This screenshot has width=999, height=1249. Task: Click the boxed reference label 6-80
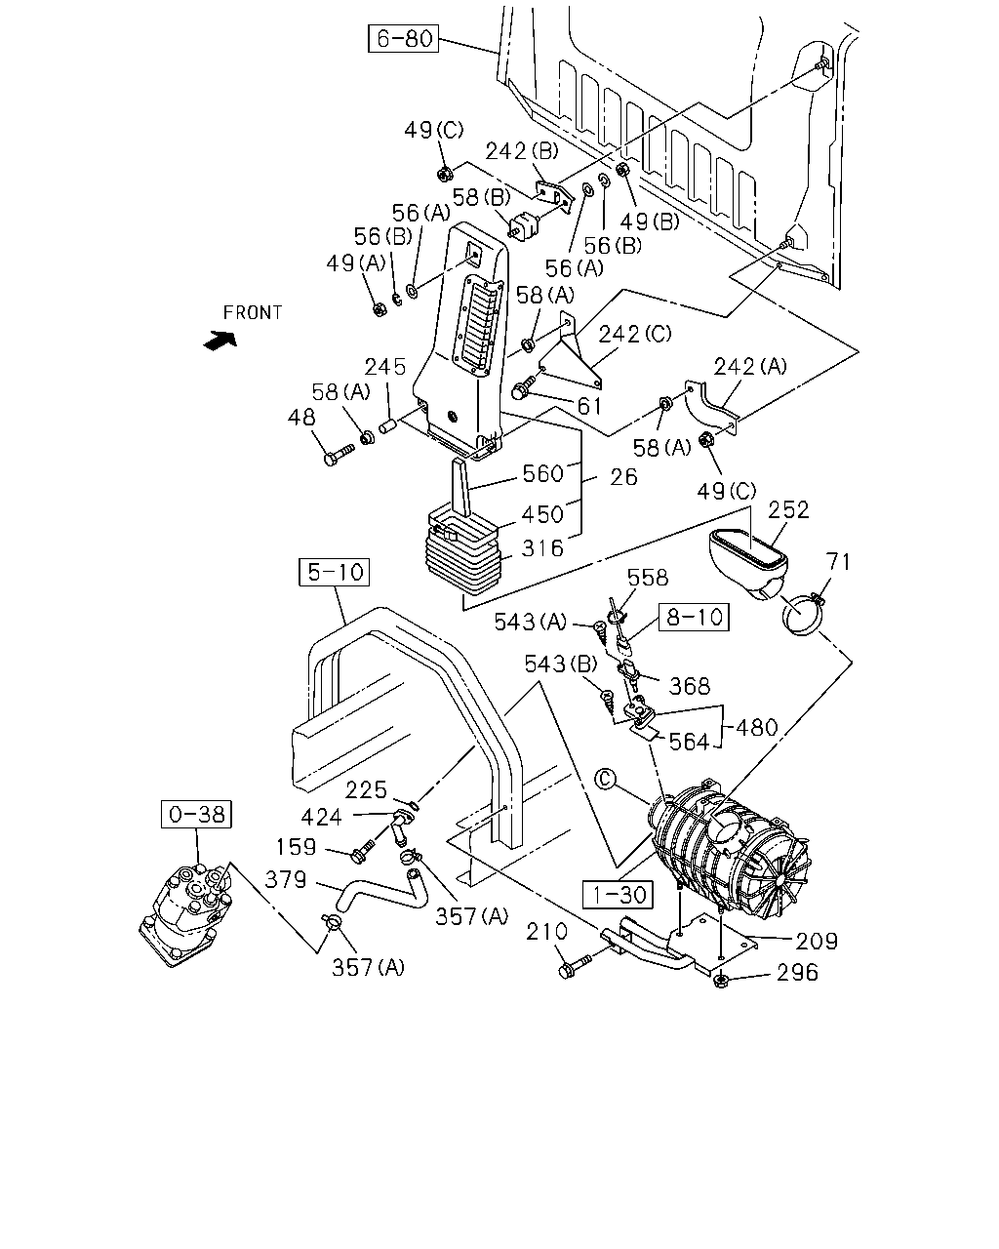click(x=403, y=38)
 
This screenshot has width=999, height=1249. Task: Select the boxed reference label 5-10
click(x=334, y=572)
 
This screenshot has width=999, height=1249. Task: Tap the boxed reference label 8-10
click(x=694, y=617)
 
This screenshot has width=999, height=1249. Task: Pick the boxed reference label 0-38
click(x=196, y=814)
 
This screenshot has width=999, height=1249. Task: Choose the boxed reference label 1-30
click(x=618, y=895)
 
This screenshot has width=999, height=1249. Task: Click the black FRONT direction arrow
click(x=220, y=341)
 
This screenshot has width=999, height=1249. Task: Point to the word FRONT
click(x=253, y=313)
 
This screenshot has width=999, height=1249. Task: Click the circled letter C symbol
click(x=606, y=779)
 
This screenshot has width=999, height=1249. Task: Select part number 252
click(x=788, y=510)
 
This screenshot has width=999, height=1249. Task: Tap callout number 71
click(x=838, y=562)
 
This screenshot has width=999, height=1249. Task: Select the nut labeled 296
click(x=720, y=981)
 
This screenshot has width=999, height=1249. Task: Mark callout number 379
click(x=286, y=879)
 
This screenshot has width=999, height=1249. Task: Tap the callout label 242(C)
click(x=634, y=334)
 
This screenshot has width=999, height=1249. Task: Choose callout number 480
click(x=756, y=727)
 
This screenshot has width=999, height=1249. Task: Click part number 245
click(x=384, y=367)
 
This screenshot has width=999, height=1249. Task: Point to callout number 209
click(x=817, y=941)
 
